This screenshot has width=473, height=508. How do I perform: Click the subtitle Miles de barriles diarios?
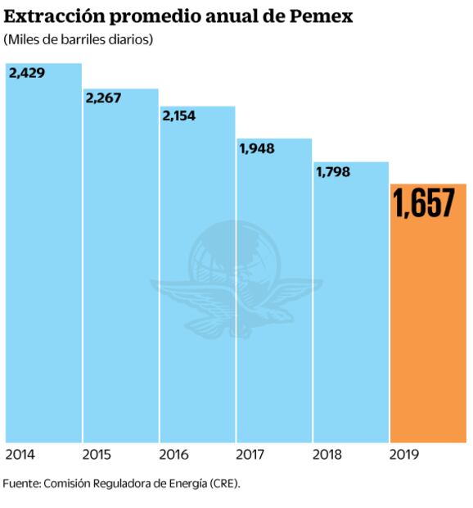[78, 40]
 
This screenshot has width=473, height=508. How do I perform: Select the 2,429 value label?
[27, 73]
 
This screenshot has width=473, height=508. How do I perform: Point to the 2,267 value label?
[104, 98]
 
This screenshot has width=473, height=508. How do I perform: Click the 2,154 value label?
[181, 116]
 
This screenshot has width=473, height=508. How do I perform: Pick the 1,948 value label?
[257, 148]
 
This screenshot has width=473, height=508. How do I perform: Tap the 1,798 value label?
[333, 172]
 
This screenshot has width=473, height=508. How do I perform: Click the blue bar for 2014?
[43, 262]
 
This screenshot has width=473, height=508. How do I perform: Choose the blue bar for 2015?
[120, 279]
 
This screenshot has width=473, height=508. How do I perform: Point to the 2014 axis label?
[20, 454]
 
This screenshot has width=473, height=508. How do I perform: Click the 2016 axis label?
[173, 454]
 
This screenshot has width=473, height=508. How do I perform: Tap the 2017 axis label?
[250, 454]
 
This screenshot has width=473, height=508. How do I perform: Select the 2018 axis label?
[327, 454]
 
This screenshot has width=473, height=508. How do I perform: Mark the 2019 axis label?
[404, 454]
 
